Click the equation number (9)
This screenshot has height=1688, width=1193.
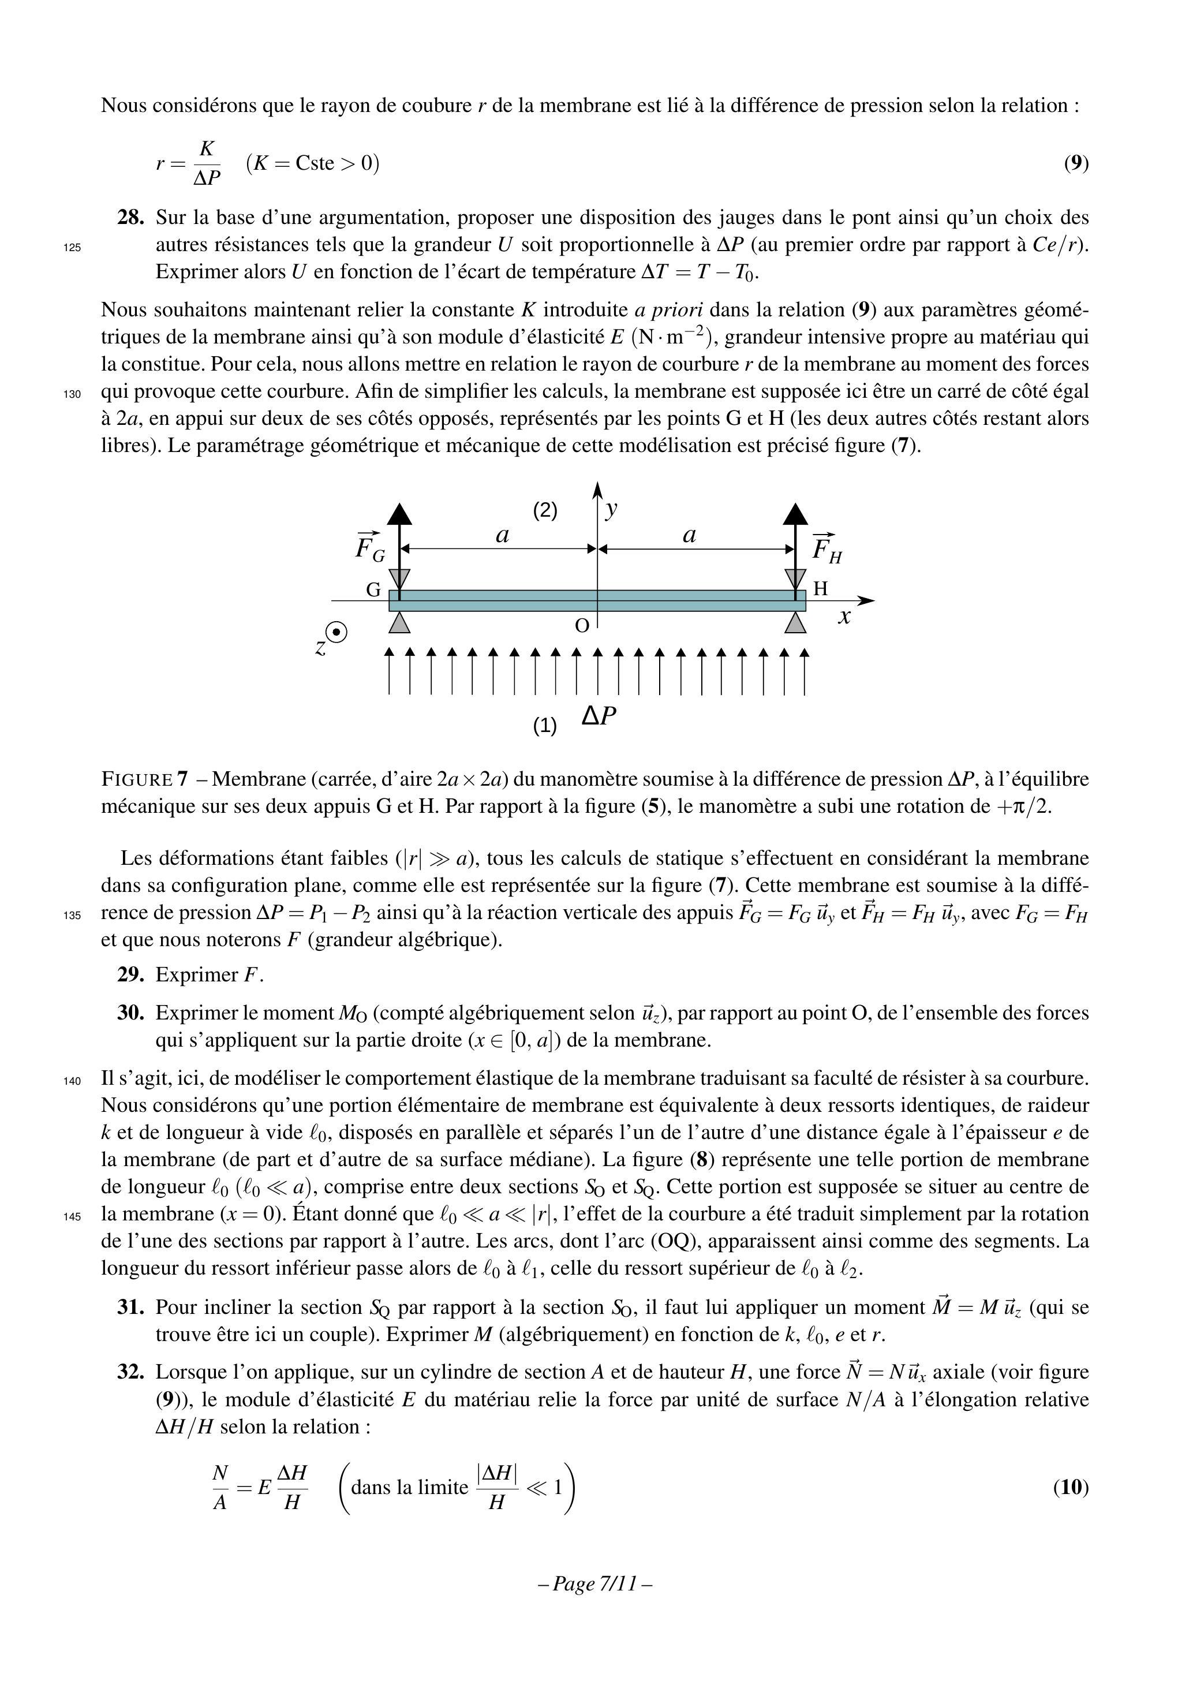(1076, 163)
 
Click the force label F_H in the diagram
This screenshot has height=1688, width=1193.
(826, 548)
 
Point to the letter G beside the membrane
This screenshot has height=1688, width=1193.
(373, 589)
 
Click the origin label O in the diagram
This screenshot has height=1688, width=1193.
(581, 626)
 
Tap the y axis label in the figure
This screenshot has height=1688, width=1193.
(611, 508)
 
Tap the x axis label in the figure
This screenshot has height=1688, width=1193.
(844, 617)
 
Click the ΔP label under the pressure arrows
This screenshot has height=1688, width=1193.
(599, 715)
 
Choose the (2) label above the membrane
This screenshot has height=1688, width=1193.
(545, 510)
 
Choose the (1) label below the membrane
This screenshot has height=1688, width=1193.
(545, 726)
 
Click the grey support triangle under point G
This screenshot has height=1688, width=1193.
(399, 623)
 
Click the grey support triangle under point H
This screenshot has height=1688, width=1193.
(795, 623)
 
